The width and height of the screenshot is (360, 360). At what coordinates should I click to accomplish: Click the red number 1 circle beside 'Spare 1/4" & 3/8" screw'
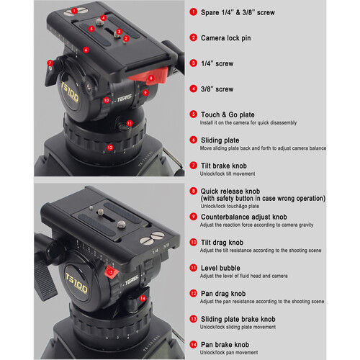[x=194, y=12]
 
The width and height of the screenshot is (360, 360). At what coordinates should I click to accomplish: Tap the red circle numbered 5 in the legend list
[x=194, y=114]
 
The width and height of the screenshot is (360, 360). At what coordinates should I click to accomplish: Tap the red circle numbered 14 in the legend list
[x=194, y=343]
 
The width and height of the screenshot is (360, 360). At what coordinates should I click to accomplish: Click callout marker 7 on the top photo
[x=50, y=63]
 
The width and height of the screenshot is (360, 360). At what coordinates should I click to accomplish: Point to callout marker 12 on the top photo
[x=109, y=147]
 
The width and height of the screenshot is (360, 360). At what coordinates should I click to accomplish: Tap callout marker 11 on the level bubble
[x=130, y=123]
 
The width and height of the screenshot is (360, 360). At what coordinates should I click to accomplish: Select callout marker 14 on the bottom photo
[x=143, y=298]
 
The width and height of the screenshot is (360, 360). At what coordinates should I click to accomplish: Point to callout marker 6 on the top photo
[x=86, y=50]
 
